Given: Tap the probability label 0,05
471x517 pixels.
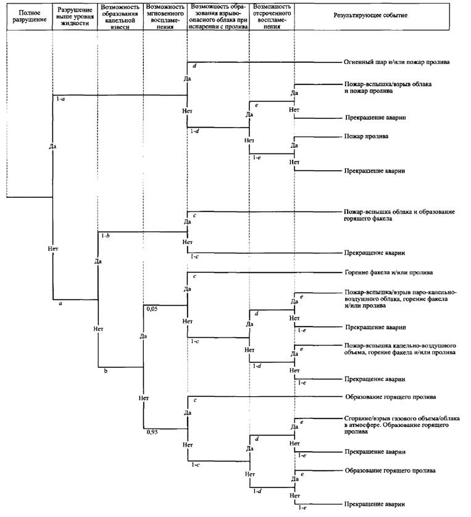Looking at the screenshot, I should [x=152, y=309].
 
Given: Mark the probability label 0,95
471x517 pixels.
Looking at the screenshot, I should [x=152, y=432].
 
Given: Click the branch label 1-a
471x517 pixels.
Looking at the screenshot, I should [x=60, y=99].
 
